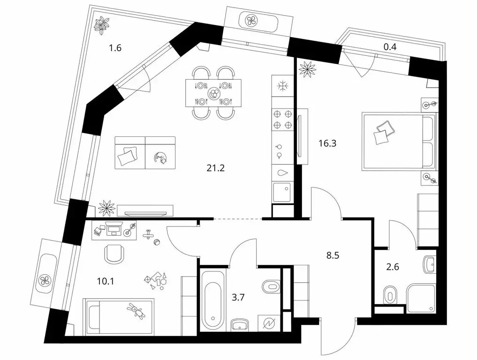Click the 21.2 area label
pyautogui.click(x=215, y=168)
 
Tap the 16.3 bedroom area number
pyautogui.click(x=327, y=143)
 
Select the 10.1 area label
pyautogui.click(x=105, y=281)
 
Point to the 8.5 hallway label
pyautogui.click(x=333, y=255)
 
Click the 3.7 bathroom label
pyautogui.click(x=238, y=297)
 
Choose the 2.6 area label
pyautogui.click(x=393, y=267)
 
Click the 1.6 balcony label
pyautogui.click(x=115, y=48)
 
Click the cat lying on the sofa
pyautogui.click(x=160, y=157)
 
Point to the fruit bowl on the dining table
pyautogui.click(x=213, y=93)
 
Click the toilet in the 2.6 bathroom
pyautogui.click(x=389, y=294)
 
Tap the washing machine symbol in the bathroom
pyautogui.click(x=269, y=323)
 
